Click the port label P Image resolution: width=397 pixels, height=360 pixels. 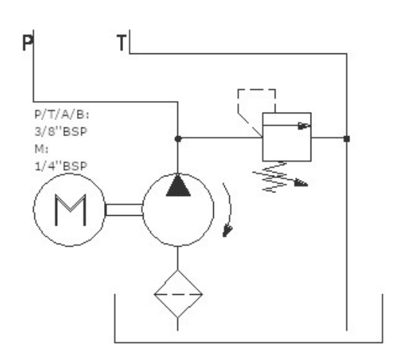[x=28, y=43]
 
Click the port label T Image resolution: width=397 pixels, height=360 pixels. [x=122, y=43]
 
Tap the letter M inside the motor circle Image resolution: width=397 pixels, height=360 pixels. [x=70, y=210]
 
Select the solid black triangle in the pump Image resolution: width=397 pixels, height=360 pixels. [x=178, y=186]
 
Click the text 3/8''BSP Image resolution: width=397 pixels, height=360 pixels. [x=61, y=132]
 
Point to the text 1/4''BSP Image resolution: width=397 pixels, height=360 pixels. [x=61, y=166]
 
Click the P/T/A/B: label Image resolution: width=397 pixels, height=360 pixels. [x=62, y=115]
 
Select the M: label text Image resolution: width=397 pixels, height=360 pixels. [x=41, y=149]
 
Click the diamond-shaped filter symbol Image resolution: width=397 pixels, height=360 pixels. [x=178, y=294]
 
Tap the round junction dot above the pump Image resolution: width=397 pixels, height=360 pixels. [x=178, y=138]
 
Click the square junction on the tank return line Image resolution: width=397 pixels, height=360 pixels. [x=346, y=138]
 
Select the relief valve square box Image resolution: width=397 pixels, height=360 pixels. [x=287, y=137]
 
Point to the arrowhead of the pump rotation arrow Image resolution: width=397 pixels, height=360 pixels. [x=227, y=231]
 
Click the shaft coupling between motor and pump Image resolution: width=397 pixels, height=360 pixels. [x=124, y=210]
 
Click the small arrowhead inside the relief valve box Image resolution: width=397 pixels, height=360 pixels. [x=304, y=126]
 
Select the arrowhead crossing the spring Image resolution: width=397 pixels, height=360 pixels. [x=301, y=183]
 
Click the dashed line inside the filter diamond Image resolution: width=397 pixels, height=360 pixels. [x=178, y=294]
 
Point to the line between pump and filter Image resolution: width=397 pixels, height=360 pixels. [x=178, y=258]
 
